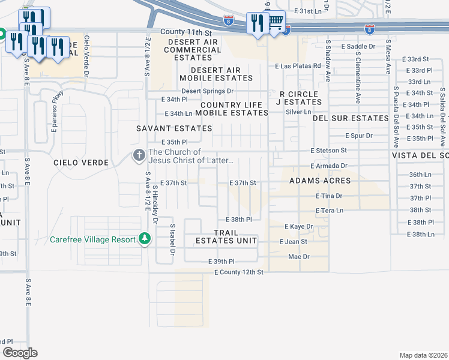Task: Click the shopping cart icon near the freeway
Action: [x=276, y=23]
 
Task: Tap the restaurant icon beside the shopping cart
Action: [x=258, y=23]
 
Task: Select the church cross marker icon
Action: [x=139, y=156]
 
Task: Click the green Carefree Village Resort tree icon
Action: [x=144, y=239]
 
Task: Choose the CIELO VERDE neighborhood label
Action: [x=81, y=163]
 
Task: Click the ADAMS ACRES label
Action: [x=315, y=181]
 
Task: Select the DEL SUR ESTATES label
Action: [x=351, y=118]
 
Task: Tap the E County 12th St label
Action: [x=239, y=272]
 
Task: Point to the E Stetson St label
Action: [x=328, y=150]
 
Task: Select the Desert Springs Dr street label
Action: [x=208, y=91]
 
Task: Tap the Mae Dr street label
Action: [x=298, y=256]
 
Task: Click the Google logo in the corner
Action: [x=20, y=352]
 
